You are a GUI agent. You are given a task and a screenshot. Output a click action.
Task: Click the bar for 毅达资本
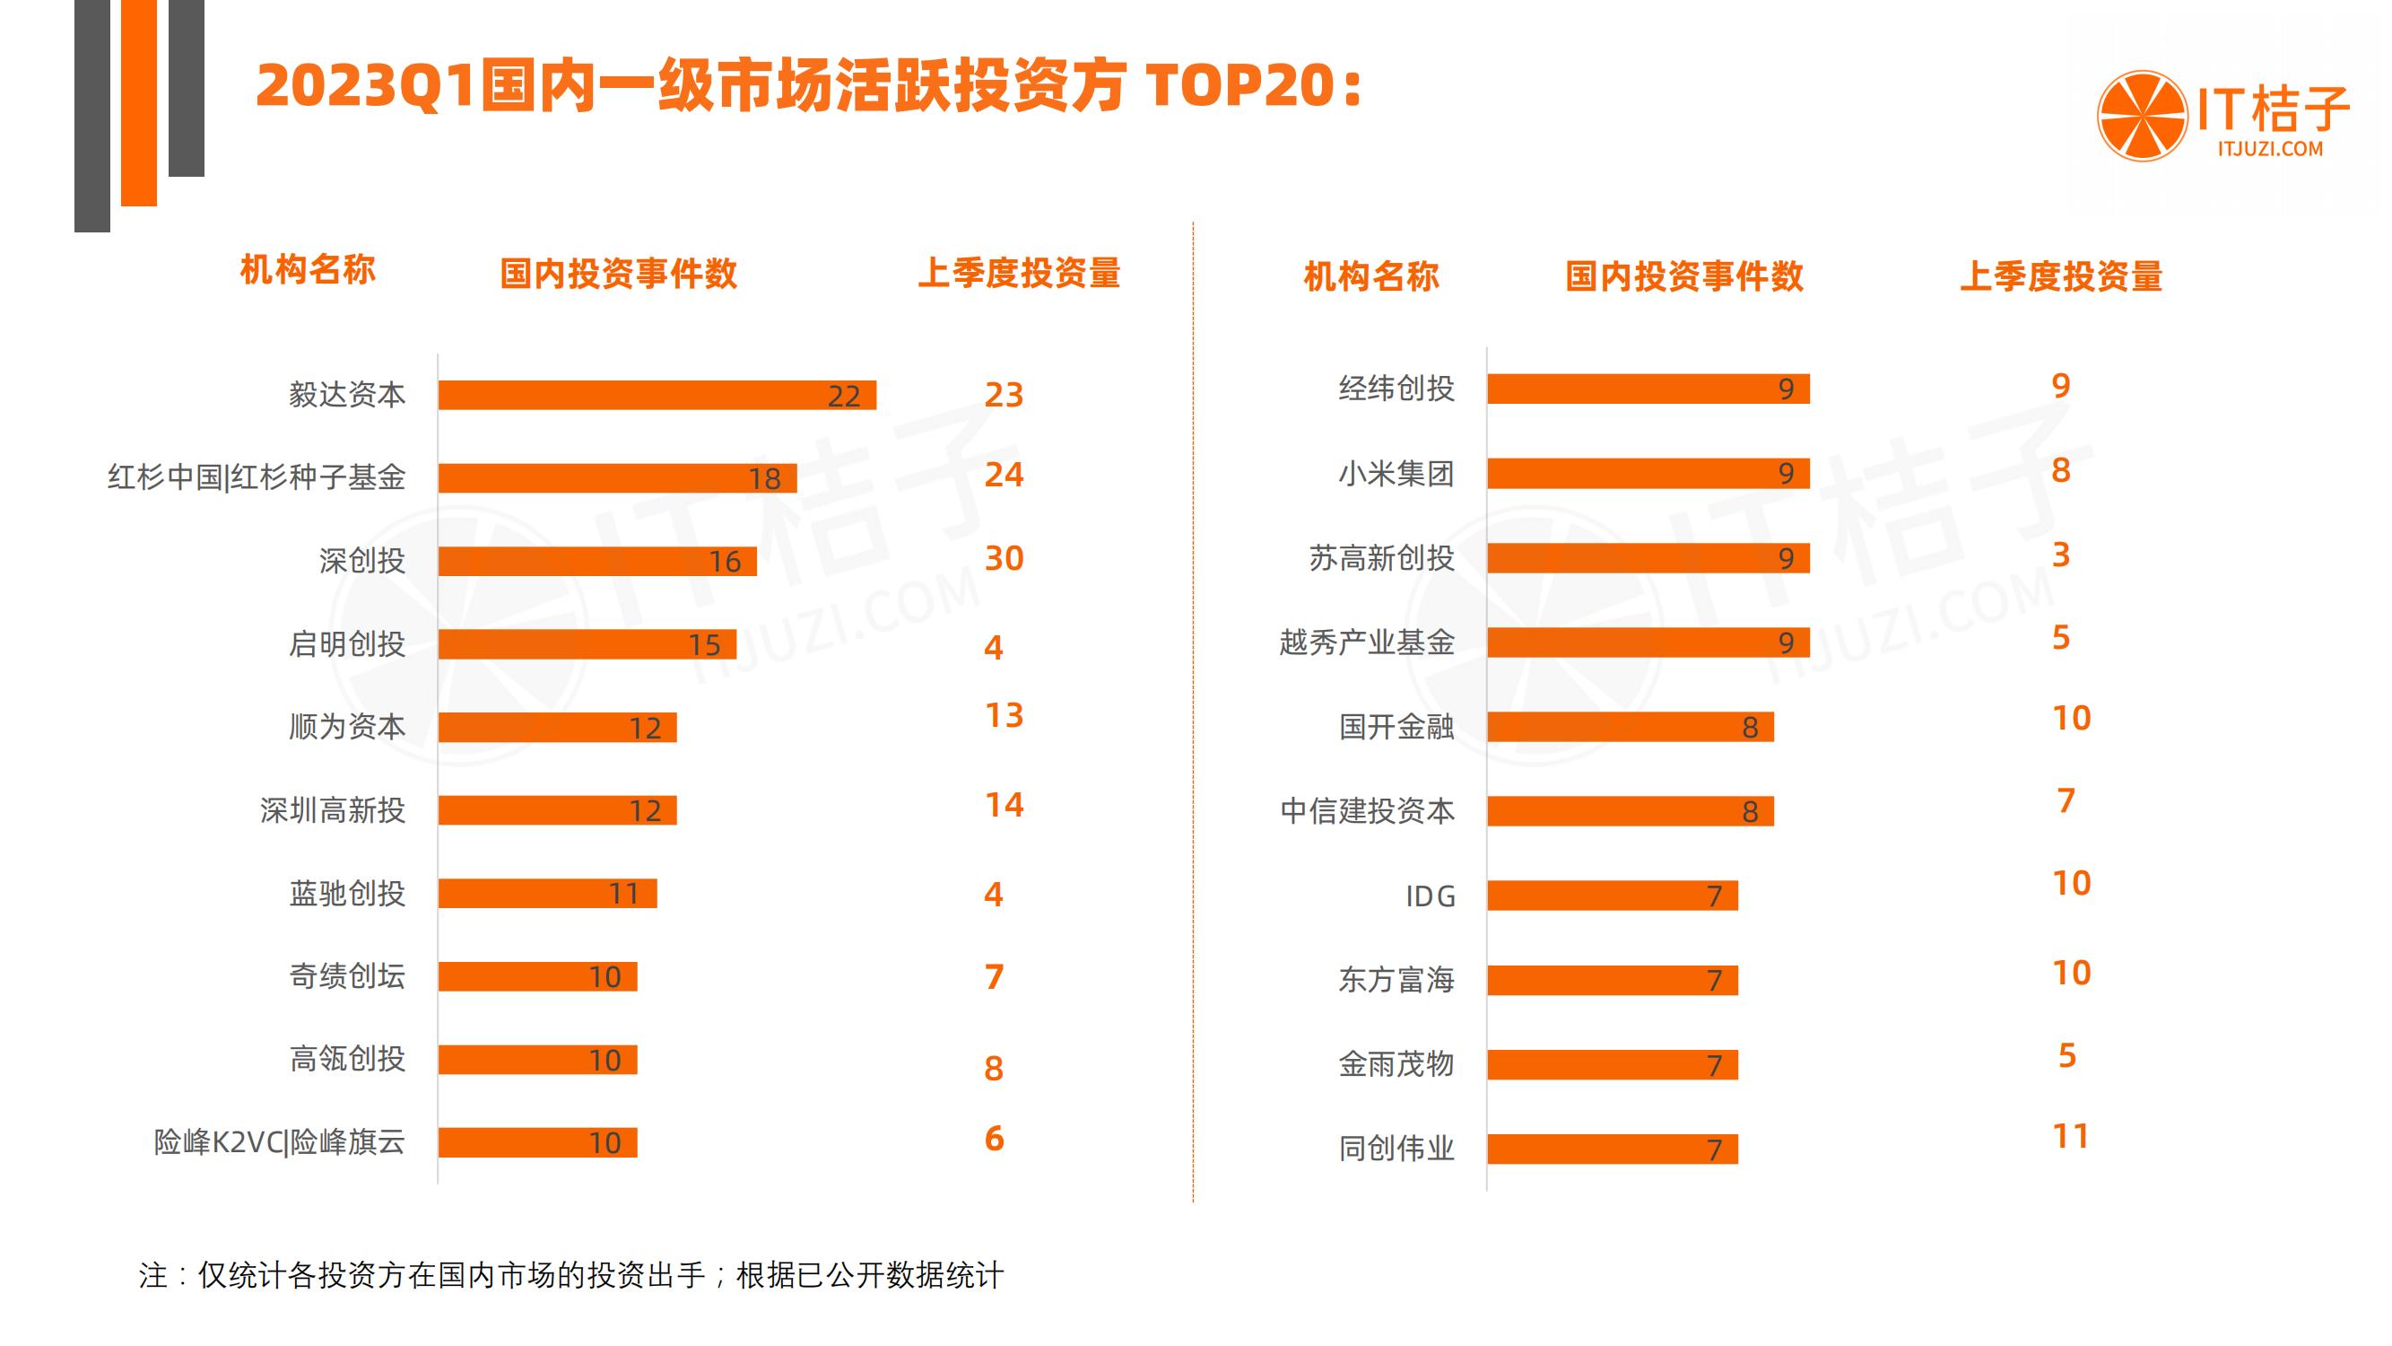pos(657,395)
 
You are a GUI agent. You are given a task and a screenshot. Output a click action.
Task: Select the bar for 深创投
pos(597,561)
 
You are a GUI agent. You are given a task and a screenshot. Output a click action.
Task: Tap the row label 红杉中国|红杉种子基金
pos(257,477)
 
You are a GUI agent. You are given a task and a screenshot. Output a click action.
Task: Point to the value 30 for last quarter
pos(1003,558)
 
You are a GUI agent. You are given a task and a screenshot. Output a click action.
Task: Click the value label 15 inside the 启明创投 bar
pos(704,644)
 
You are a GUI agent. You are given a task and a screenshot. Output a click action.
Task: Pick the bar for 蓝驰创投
pos(547,894)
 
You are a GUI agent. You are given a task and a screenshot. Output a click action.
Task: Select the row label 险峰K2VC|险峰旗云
pos(279,1141)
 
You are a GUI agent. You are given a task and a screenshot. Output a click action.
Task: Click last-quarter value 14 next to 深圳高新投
pos(1003,804)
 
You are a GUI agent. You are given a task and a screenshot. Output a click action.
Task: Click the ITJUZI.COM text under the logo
pos(2269,149)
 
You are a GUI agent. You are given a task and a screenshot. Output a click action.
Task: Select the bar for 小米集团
pos(1648,474)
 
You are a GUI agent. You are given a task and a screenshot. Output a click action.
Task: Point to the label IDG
pos(1429,896)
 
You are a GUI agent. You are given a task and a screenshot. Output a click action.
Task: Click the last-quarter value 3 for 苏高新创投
pos(2059,555)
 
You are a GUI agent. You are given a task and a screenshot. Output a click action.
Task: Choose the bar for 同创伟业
pos(1611,1149)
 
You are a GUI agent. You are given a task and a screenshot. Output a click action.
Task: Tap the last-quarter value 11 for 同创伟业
pos(2070,1136)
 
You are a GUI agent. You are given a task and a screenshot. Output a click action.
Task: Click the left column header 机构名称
pos(308,270)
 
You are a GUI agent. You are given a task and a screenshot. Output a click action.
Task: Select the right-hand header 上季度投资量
pos(2060,276)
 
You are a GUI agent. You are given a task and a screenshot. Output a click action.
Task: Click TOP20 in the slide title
pos(1240,86)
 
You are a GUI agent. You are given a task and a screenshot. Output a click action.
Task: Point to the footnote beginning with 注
pos(571,1275)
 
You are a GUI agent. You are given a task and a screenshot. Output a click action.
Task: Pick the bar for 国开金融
pos(1630,728)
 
